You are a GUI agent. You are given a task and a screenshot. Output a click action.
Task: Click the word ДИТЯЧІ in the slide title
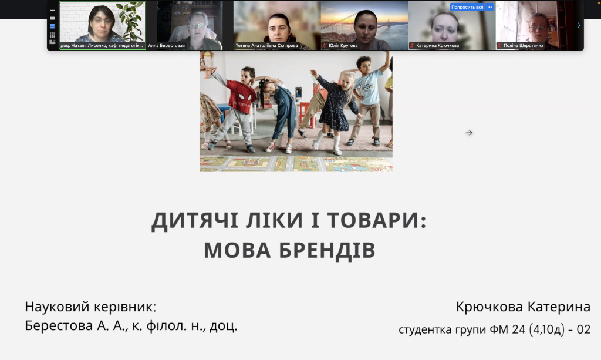195,221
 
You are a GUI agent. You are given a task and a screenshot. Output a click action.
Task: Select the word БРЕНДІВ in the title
327,250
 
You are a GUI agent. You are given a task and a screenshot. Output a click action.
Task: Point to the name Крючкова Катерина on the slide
523,307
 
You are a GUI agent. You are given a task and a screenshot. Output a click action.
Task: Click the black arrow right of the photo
469,133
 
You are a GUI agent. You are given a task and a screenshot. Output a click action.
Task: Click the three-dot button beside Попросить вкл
489,7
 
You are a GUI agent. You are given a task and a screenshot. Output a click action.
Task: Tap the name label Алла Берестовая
166,45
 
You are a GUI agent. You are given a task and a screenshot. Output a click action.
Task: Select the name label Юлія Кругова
343,45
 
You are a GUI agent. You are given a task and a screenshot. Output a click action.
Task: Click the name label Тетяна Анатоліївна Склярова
267,45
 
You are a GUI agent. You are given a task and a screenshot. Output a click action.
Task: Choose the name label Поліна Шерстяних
523,45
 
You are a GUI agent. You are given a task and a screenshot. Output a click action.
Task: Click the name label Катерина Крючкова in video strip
437,45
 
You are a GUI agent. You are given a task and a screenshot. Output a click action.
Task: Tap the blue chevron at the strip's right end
578,25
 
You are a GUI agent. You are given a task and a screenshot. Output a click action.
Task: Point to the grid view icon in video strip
52,35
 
